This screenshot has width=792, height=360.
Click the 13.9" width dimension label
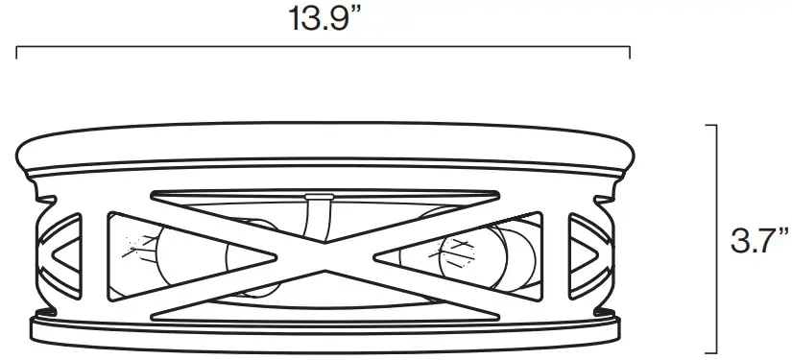pyautogui.click(x=324, y=20)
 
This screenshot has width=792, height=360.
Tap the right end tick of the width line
pyautogui.click(x=629, y=52)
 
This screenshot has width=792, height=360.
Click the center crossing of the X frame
pyautogui.click(x=324, y=248)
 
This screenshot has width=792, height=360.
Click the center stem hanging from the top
pyautogui.click(x=312, y=213)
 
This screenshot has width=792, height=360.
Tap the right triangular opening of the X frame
pyautogui.click(x=480, y=248)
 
